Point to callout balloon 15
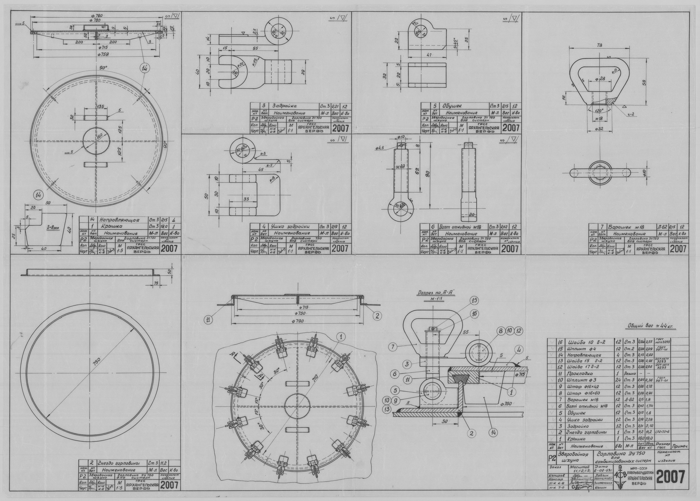(474, 300)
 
